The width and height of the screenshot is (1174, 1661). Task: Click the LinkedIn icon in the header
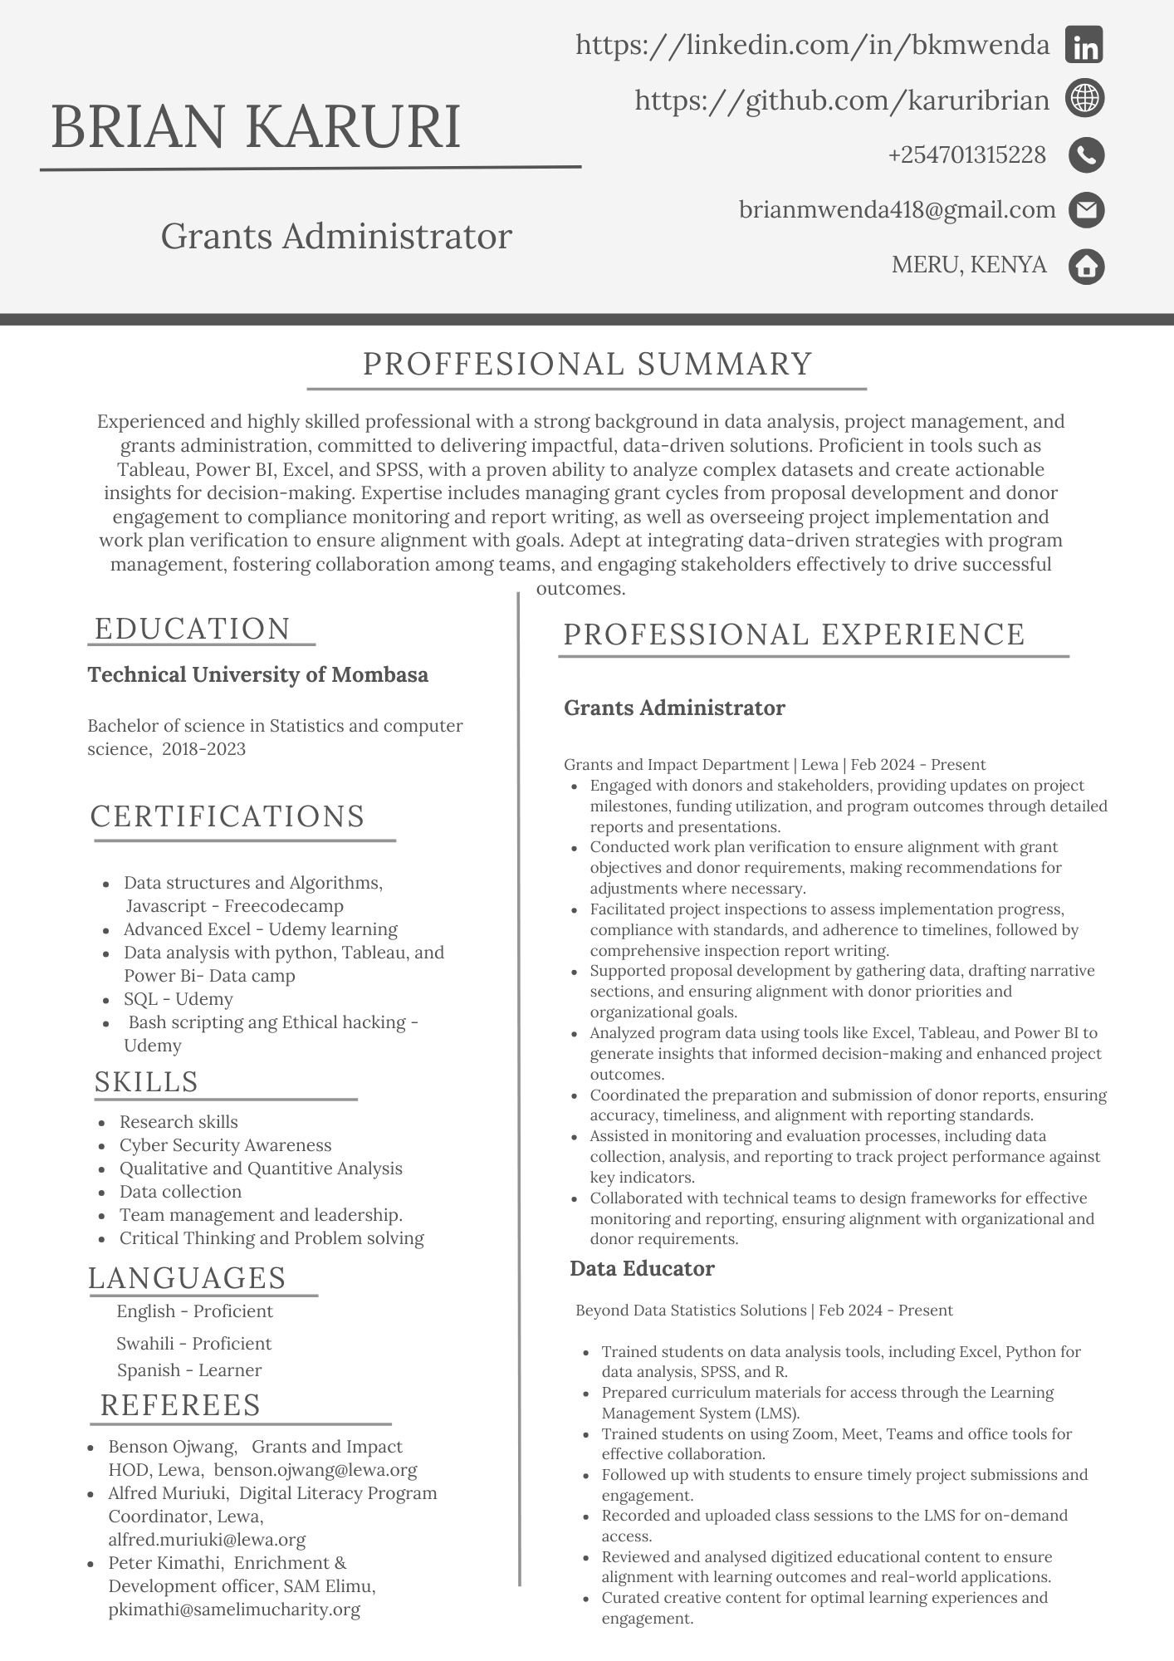pyautogui.click(x=1084, y=45)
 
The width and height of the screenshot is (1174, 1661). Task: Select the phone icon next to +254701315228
pyautogui.click(x=1085, y=155)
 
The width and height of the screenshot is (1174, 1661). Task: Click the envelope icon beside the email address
pyautogui.click(x=1085, y=210)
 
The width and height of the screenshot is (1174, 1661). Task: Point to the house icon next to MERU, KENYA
pyautogui.click(x=1085, y=267)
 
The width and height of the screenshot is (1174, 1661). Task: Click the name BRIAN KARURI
pyautogui.click(x=256, y=128)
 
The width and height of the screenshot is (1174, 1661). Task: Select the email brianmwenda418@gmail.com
pyautogui.click(x=897, y=210)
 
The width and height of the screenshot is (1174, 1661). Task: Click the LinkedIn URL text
pyautogui.click(x=812, y=45)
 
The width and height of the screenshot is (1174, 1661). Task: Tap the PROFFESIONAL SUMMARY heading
pyautogui.click(x=587, y=365)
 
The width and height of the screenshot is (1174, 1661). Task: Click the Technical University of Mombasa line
pyautogui.click(x=258, y=674)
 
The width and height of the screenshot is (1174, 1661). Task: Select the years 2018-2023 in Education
pyautogui.click(x=204, y=749)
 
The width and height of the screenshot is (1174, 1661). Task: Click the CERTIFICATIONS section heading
pyautogui.click(x=227, y=816)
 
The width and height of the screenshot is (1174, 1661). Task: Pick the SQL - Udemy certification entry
pyautogui.click(x=178, y=999)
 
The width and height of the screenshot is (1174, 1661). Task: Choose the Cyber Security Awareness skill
pyautogui.click(x=225, y=1145)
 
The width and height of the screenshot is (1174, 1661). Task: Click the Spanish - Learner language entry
pyautogui.click(x=188, y=1370)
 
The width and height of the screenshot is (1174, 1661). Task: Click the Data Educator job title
pyautogui.click(x=642, y=1269)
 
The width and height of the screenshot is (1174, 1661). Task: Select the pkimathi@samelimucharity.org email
pyautogui.click(x=234, y=1610)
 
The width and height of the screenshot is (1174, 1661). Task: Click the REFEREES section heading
pyautogui.click(x=180, y=1405)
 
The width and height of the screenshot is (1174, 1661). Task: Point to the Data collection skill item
pyautogui.click(x=180, y=1192)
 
